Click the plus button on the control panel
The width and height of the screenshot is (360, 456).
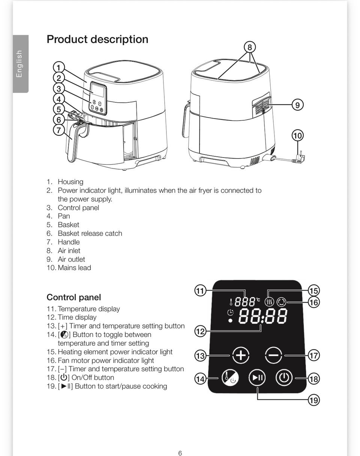click(x=241, y=355)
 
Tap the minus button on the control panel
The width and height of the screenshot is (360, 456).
click(x=273, y=355)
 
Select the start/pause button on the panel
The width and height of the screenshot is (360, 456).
click(x=257, y=377)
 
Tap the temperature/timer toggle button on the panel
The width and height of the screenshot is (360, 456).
click(x=230, y=377)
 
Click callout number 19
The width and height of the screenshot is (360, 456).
click(x=314, y=400)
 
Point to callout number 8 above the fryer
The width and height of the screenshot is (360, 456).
click(x=250, y=47)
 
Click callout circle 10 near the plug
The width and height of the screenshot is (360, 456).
click(x=298, y=135)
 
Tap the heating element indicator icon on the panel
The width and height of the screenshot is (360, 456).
click(x=270, y=302)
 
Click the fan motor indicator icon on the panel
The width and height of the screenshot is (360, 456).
click(x=281, y=302)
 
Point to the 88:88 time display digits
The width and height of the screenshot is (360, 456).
click(x=263, y=316)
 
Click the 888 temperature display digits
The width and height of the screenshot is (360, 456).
click(x=245, y=301)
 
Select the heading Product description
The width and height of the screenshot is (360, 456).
click(x=97, y=39)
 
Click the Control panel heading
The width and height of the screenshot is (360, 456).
click(x=74, y=297)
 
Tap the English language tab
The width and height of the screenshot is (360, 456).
click(x=21, y=64)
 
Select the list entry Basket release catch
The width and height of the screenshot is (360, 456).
click(x=90, y=233)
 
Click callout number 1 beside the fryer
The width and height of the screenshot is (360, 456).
click(x=59, y=67)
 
